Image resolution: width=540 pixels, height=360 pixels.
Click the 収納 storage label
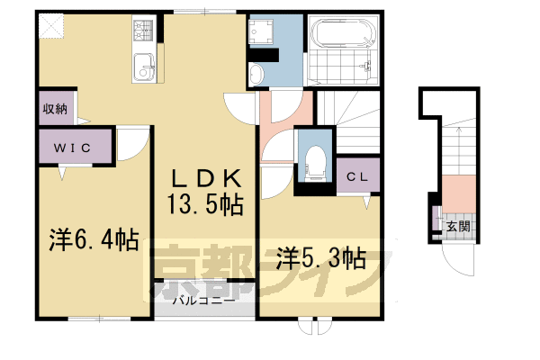pos(54,108)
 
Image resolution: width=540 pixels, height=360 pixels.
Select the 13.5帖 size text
pos(203,205)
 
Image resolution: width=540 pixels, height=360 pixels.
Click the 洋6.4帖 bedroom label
pos(93,241)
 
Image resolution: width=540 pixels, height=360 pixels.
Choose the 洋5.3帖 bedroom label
pos(320,258)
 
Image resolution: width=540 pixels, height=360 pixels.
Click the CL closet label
pos(358,176)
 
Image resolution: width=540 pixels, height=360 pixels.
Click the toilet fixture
pos(314,162)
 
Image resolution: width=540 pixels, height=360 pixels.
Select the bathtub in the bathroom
pos(339,36)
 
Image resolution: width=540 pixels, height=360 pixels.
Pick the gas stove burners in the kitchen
pos(143,35)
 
